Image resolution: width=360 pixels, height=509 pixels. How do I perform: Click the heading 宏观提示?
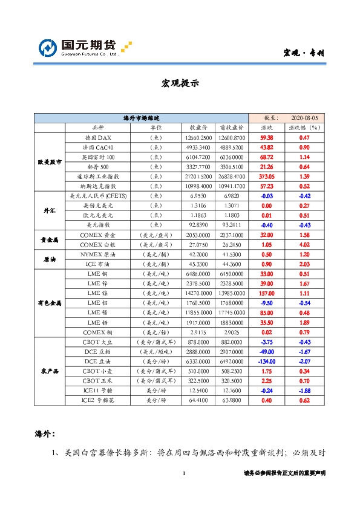pos(180,83)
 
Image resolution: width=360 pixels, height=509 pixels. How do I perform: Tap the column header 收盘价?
pos(199,128)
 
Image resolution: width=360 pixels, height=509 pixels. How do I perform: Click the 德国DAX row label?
pos(97,138)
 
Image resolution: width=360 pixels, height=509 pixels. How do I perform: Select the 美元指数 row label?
pos(97,225)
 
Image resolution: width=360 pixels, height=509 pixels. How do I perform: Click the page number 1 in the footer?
pos(183,473)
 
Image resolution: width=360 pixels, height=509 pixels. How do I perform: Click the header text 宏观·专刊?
pos(304,53)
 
